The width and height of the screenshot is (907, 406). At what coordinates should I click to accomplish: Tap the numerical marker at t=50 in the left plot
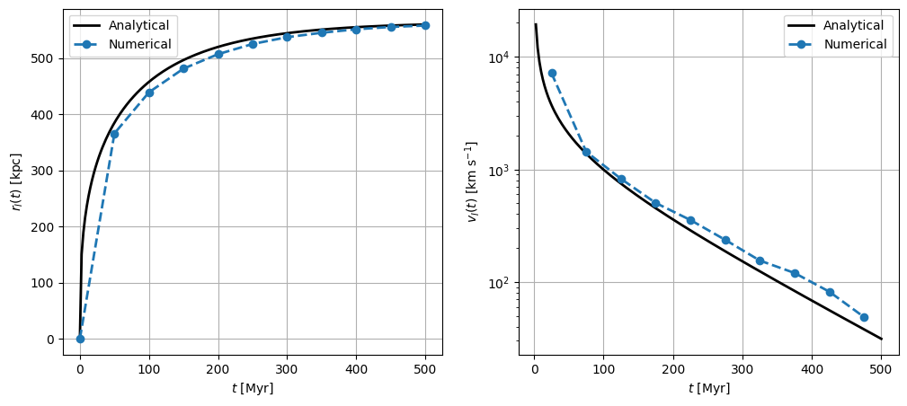point(114,134)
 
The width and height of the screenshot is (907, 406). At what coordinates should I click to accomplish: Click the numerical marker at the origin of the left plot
point(80,339)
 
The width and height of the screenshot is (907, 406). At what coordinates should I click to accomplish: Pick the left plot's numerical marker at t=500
point(425,25)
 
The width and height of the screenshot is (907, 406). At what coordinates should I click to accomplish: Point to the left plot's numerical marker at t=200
point(218,55)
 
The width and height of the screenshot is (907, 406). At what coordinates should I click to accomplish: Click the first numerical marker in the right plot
point(552,74)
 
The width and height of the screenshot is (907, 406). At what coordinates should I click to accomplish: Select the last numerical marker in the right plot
point(864,317)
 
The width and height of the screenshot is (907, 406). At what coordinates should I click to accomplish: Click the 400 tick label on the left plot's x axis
point(356,368)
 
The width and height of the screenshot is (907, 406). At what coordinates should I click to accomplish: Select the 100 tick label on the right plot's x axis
point(603,368)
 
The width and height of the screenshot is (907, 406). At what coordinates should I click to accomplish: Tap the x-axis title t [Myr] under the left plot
point(253,389)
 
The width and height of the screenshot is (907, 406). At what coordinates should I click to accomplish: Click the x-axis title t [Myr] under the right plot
point(708,389)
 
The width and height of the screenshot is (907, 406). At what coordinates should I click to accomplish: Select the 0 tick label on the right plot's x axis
point(535,368)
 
